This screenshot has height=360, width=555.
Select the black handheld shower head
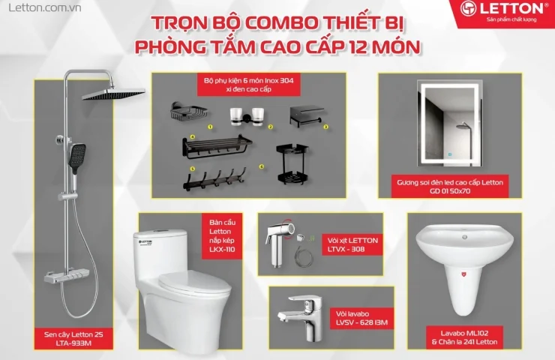(x=76, y=157)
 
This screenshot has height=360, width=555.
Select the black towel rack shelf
(x=218, y=147)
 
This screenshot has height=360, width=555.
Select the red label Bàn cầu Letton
(x=223, y=236)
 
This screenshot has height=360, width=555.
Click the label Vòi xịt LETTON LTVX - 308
(x=352, y=244)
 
